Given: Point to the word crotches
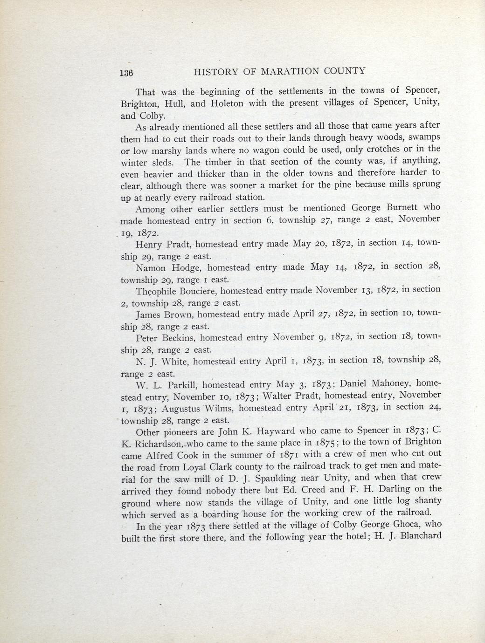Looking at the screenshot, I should (377, 149).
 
